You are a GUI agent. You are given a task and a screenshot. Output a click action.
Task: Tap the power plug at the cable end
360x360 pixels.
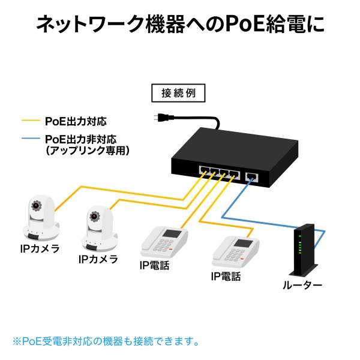(x=161, y=119)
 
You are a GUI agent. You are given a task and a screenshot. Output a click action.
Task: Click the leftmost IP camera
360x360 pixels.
(x=39, y=218)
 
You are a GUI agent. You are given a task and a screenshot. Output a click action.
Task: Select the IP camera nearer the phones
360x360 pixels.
(x=98, y=230)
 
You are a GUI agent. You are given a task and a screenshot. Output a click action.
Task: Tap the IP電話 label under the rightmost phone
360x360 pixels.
(x=226, y=277)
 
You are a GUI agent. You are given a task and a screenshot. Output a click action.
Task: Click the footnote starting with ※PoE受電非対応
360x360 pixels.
(x=106, y=341)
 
